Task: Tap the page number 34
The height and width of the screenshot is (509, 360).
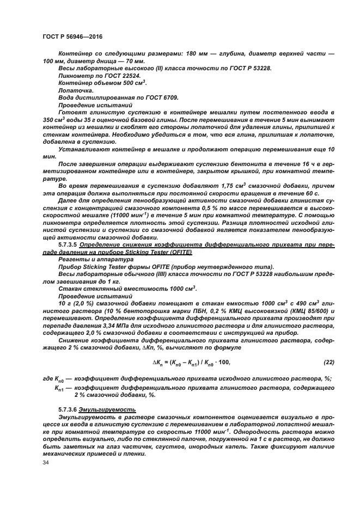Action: point(46,463)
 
